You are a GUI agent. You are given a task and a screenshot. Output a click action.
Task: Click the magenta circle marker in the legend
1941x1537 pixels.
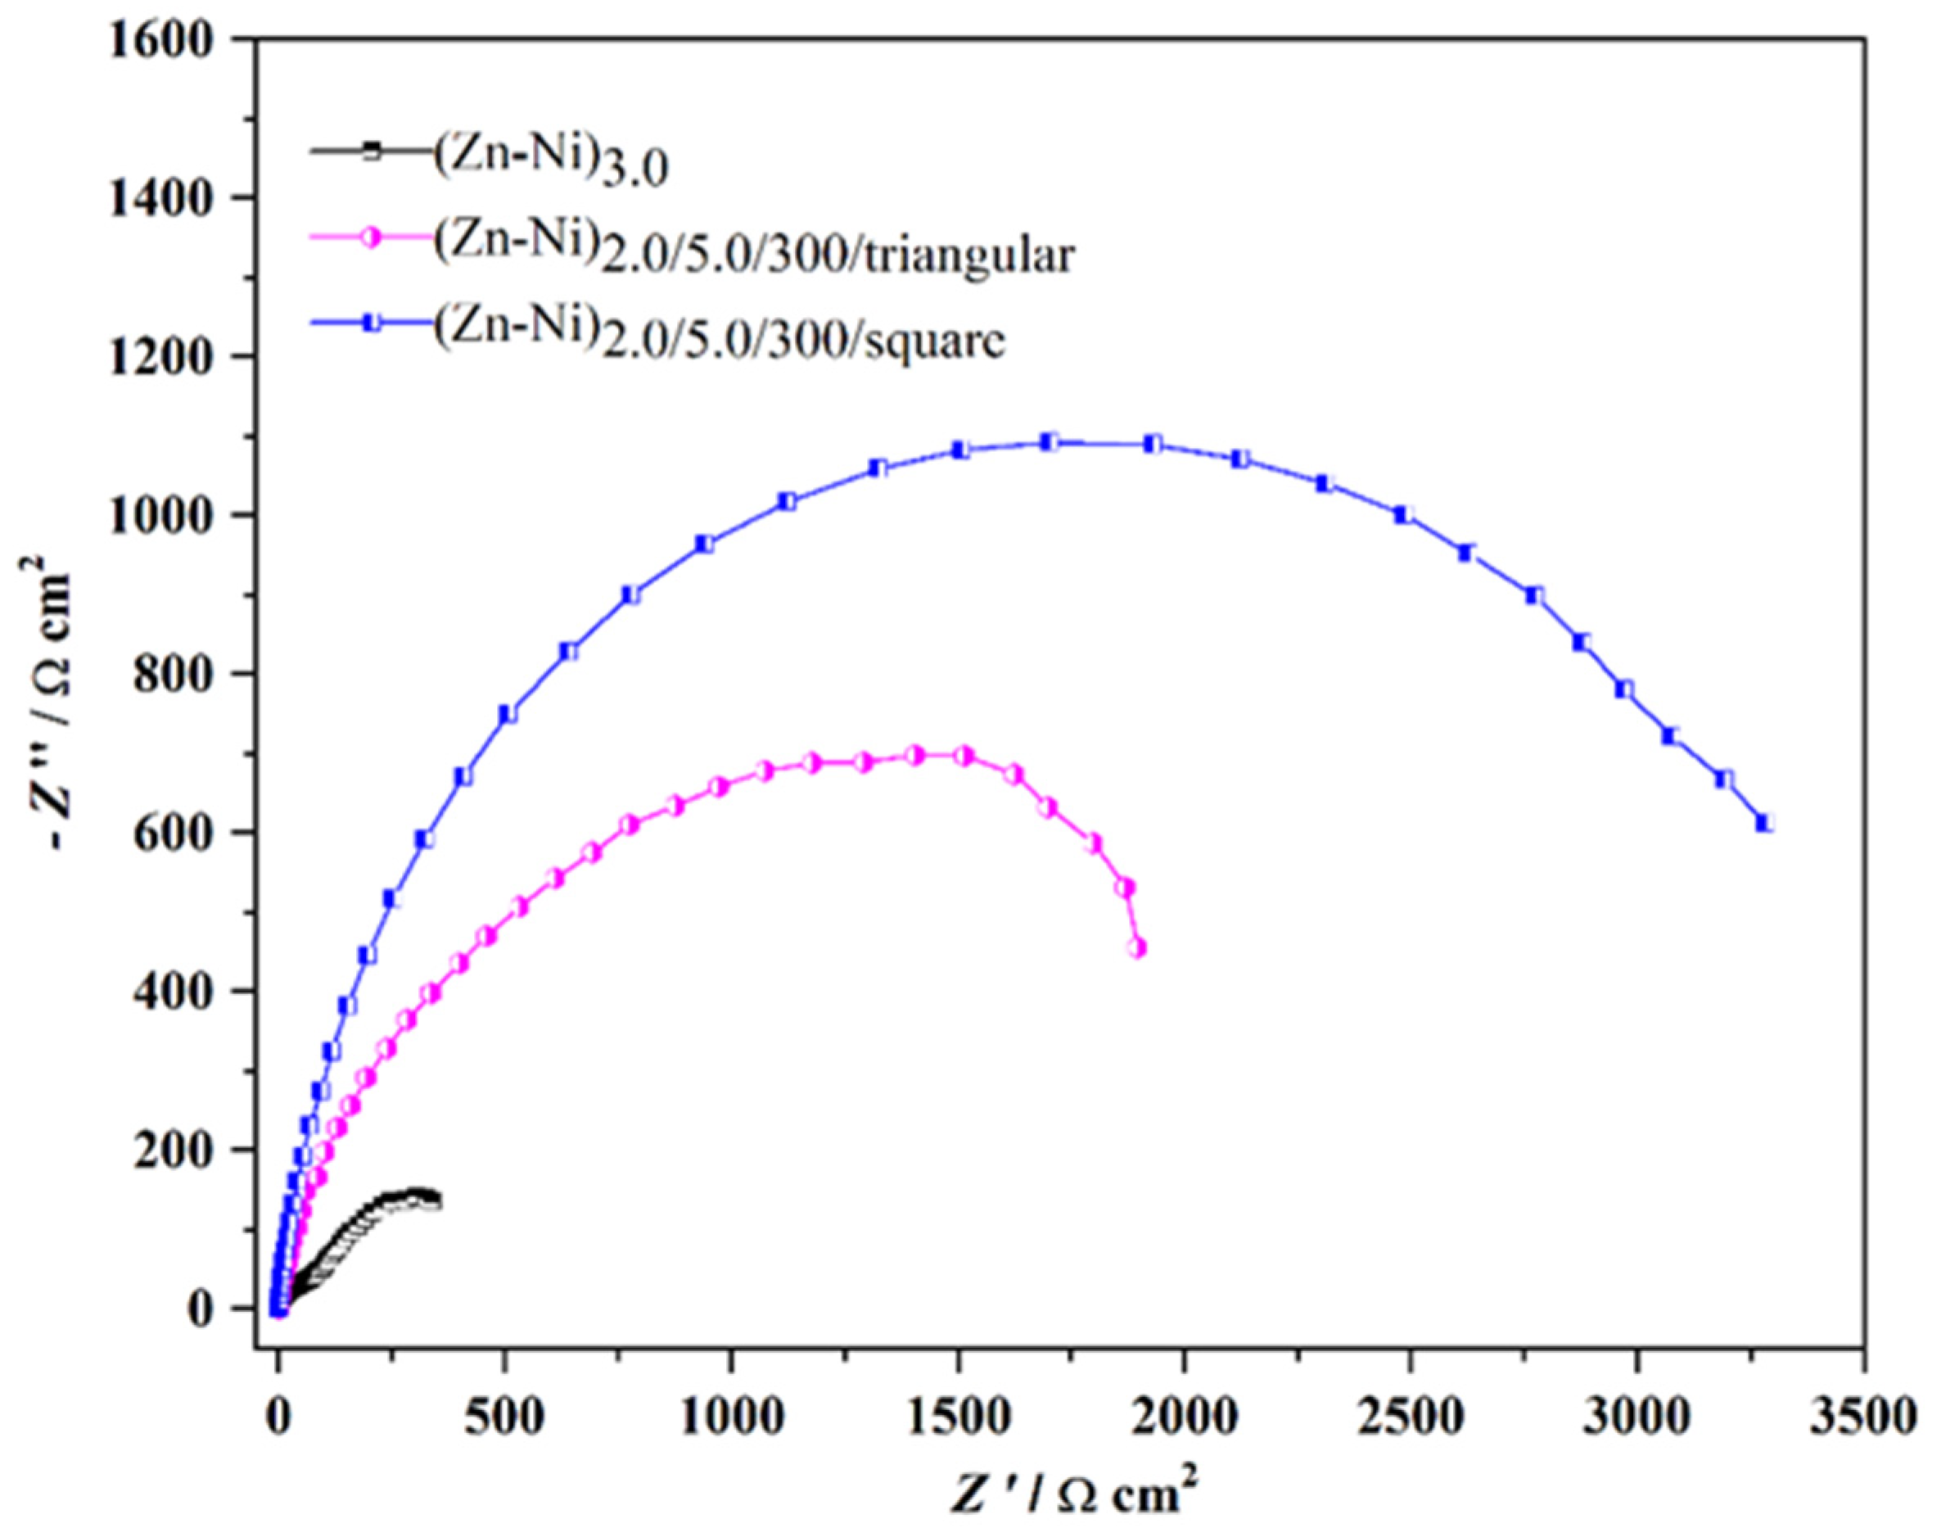(x=372, y=237)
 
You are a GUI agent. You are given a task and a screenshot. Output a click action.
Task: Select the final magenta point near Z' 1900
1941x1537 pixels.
(x=1138, y=948)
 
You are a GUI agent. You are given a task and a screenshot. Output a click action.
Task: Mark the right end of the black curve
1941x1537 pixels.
(x=436, y=1200)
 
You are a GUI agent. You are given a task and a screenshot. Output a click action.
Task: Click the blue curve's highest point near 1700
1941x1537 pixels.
(x=1049, y=442)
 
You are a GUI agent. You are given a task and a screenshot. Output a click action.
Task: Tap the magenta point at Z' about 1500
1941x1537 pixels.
(x=964, y=755)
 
